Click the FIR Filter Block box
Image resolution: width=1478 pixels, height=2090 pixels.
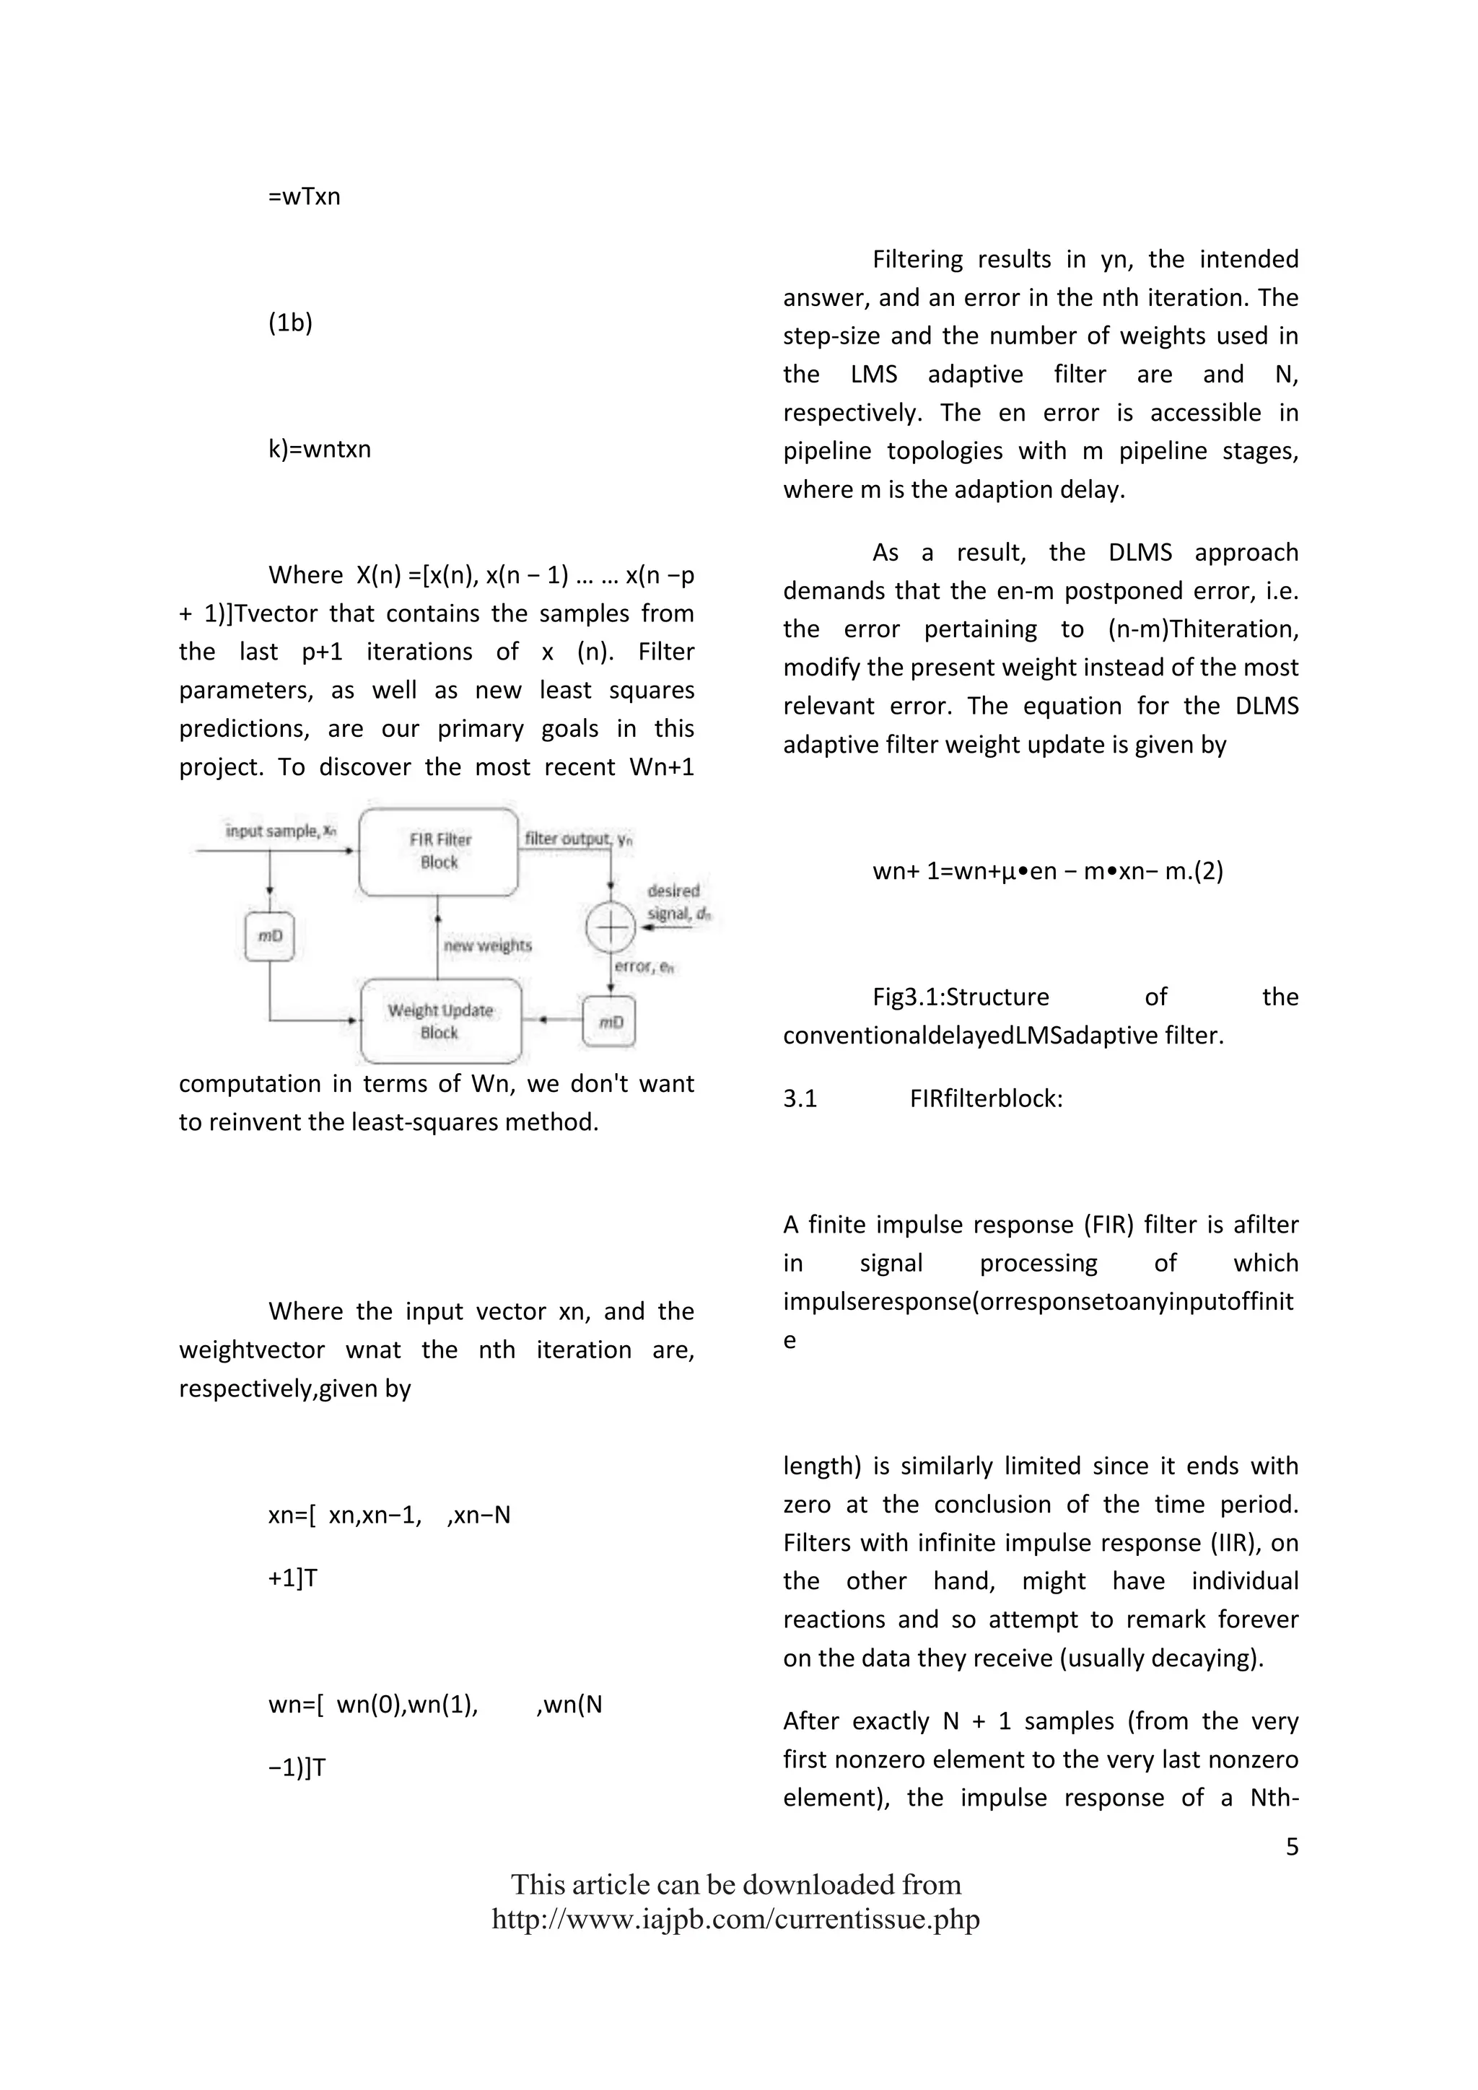[439, 851]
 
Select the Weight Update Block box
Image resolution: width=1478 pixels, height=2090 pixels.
[440, 1021]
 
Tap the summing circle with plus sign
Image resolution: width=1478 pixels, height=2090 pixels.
[610, 927]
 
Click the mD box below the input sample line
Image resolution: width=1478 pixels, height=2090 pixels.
[271, 936]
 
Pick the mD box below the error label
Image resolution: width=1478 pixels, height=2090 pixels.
[610, 1022]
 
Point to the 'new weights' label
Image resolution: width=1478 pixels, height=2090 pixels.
[488, 946]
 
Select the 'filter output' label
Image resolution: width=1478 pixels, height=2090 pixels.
[577, 839]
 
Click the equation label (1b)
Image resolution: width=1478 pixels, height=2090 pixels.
[290, 323]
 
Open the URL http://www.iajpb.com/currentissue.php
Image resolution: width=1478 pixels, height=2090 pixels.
[735, 1920]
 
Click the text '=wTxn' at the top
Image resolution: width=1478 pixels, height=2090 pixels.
[304, 196]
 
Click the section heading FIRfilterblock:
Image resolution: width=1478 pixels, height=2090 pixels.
[986, 1098]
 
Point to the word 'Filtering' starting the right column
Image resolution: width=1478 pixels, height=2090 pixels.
[917, 259]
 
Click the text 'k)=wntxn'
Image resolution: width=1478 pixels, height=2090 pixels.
[320, 450]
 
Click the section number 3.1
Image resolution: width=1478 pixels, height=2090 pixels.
[800, 1098]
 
